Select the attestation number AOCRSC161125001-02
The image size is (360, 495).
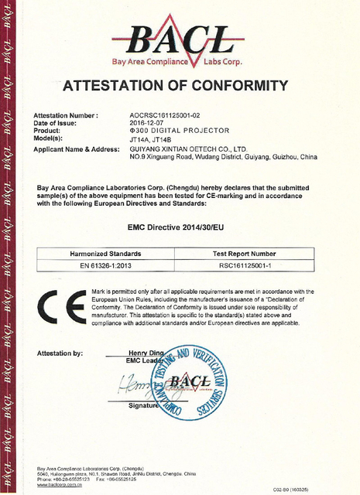pos(169,115)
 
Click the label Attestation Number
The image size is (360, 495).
pos(67,115)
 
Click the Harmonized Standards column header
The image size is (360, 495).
pos(105,254)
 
